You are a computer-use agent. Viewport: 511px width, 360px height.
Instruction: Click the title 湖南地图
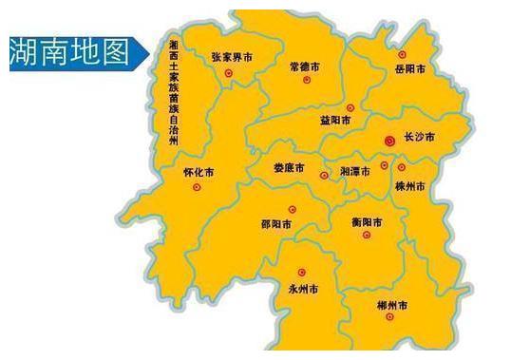[69, 51]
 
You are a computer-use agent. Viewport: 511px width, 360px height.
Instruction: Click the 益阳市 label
[336, 122]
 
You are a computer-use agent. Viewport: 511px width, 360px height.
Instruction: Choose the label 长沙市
[419, 139]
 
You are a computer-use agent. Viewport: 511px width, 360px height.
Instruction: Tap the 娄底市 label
[289, 168]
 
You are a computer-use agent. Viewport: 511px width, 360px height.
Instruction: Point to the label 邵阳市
[277, 225]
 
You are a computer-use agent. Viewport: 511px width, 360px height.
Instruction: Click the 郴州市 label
[391, 307]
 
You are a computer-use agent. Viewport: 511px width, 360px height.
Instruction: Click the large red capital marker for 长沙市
[388, 141]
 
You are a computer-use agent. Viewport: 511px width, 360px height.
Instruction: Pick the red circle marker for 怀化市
[197, 187]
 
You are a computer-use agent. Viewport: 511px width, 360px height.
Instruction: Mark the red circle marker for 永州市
[302, 273]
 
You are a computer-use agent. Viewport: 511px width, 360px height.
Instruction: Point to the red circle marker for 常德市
[306, 80]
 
